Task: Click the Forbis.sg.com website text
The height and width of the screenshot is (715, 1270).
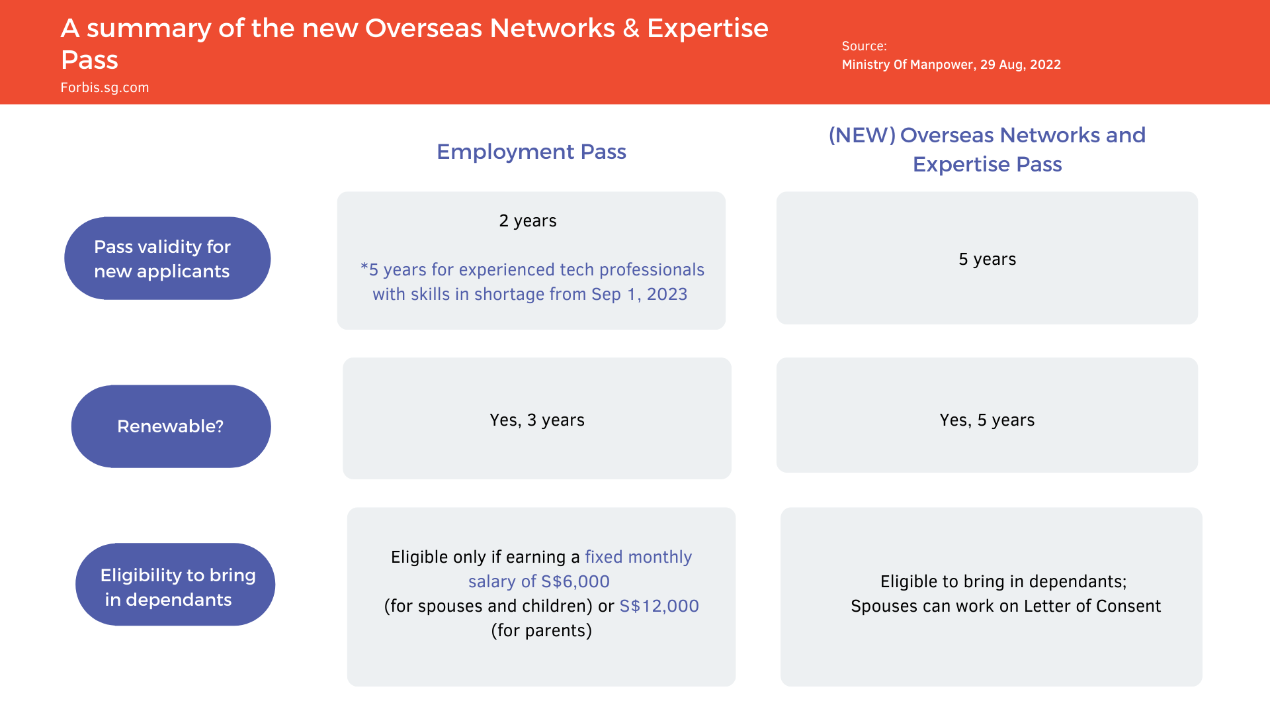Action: click(x=105, y=87)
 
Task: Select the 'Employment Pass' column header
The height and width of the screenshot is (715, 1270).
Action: click(x=531, y=152)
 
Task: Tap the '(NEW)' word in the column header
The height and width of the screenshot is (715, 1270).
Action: click(x=862, y=135)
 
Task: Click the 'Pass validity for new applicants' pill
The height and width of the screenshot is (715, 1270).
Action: click(x=167, y=258)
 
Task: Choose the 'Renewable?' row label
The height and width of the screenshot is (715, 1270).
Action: click(x=171, y=426)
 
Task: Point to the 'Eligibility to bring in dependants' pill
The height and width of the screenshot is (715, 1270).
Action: click(x=175, y=585)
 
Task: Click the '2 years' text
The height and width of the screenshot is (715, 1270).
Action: click(x=528, y=220)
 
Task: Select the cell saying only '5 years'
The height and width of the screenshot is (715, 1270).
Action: click(x=987, y=258)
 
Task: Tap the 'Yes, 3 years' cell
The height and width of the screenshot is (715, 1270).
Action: click(x=537, y=418)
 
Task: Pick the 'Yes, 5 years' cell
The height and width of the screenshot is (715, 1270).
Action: click(x=987, y=415)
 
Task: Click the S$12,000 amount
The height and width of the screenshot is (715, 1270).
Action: click(x=659, y=606)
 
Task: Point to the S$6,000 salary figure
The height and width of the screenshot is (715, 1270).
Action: click(x=575, y=581)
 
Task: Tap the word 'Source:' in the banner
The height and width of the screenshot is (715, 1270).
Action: click(x=864, y=46)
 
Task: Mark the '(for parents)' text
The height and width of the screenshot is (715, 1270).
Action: click(x=541, y=630)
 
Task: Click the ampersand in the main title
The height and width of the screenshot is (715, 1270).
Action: click(x=631, y=28)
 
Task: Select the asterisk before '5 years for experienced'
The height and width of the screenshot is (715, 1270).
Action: click(x=364, y=267)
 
